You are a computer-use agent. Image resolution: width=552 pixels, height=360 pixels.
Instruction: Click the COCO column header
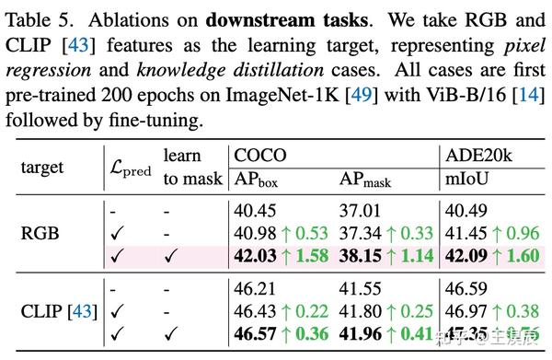click(259, 156)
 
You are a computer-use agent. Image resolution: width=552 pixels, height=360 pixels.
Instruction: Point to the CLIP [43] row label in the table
click(57, 313)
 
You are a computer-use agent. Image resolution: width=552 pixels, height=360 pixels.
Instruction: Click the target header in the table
click(42, 168)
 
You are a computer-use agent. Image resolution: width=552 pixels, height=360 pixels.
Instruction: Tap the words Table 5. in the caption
click(40, 17)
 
